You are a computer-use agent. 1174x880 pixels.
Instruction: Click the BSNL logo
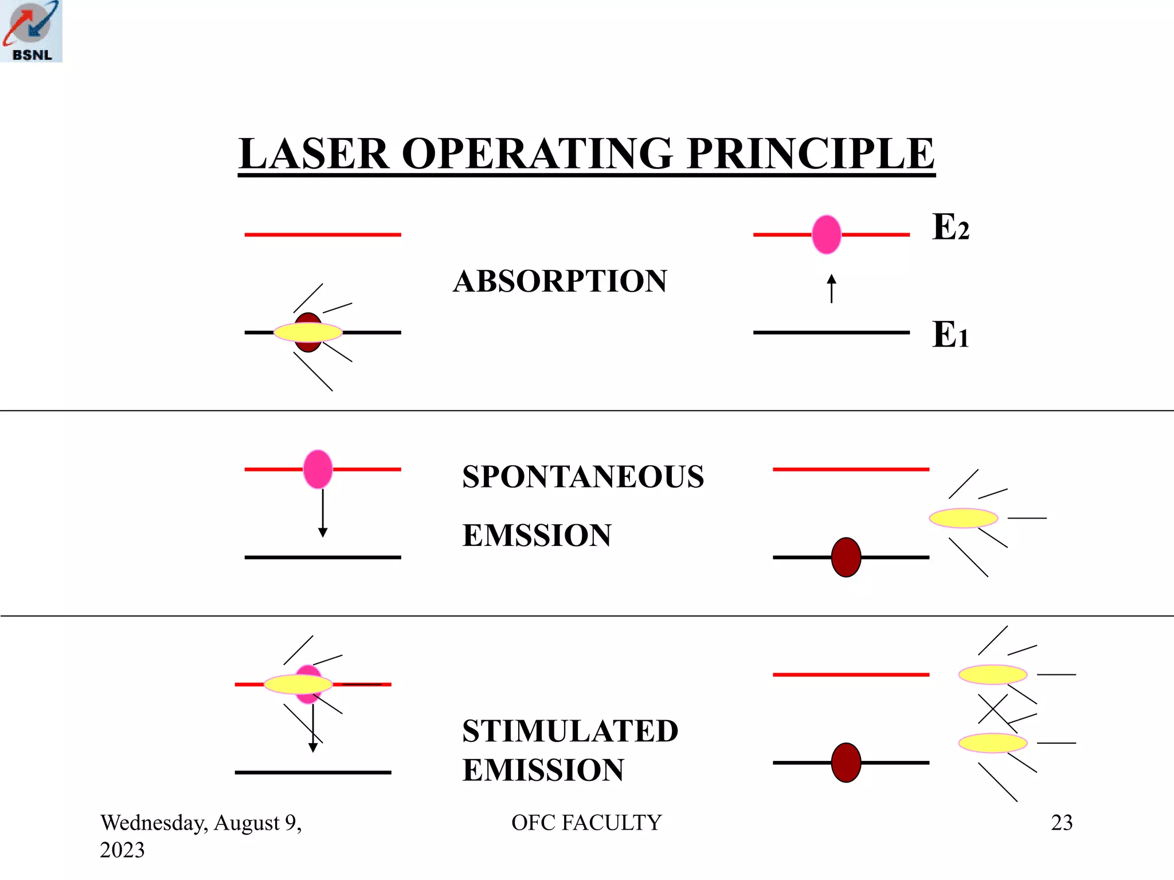(31, 31)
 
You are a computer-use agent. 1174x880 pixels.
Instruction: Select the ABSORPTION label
(559, 281)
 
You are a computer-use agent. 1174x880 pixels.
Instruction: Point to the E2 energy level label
(950, 227)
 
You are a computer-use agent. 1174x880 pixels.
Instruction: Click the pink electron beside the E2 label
(826, 234)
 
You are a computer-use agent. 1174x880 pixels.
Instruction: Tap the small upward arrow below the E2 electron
(831, 288)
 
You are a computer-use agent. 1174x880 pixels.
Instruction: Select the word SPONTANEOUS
(583, 477)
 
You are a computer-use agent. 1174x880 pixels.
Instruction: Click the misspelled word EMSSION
(537, 536)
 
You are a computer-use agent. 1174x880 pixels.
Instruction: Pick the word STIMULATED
(570, 731)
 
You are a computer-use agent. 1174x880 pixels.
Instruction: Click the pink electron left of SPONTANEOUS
(318, 469)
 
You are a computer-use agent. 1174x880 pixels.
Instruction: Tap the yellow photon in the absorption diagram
(308, 332)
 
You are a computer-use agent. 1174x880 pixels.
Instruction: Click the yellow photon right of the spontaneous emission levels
(963, 518)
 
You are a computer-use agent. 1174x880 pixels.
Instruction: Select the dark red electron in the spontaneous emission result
(846, 557)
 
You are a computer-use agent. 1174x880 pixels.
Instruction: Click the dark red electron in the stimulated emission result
(846, 763)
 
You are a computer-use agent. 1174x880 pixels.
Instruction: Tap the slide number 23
(1061, 823)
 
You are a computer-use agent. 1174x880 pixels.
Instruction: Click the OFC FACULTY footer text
(586, 823)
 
